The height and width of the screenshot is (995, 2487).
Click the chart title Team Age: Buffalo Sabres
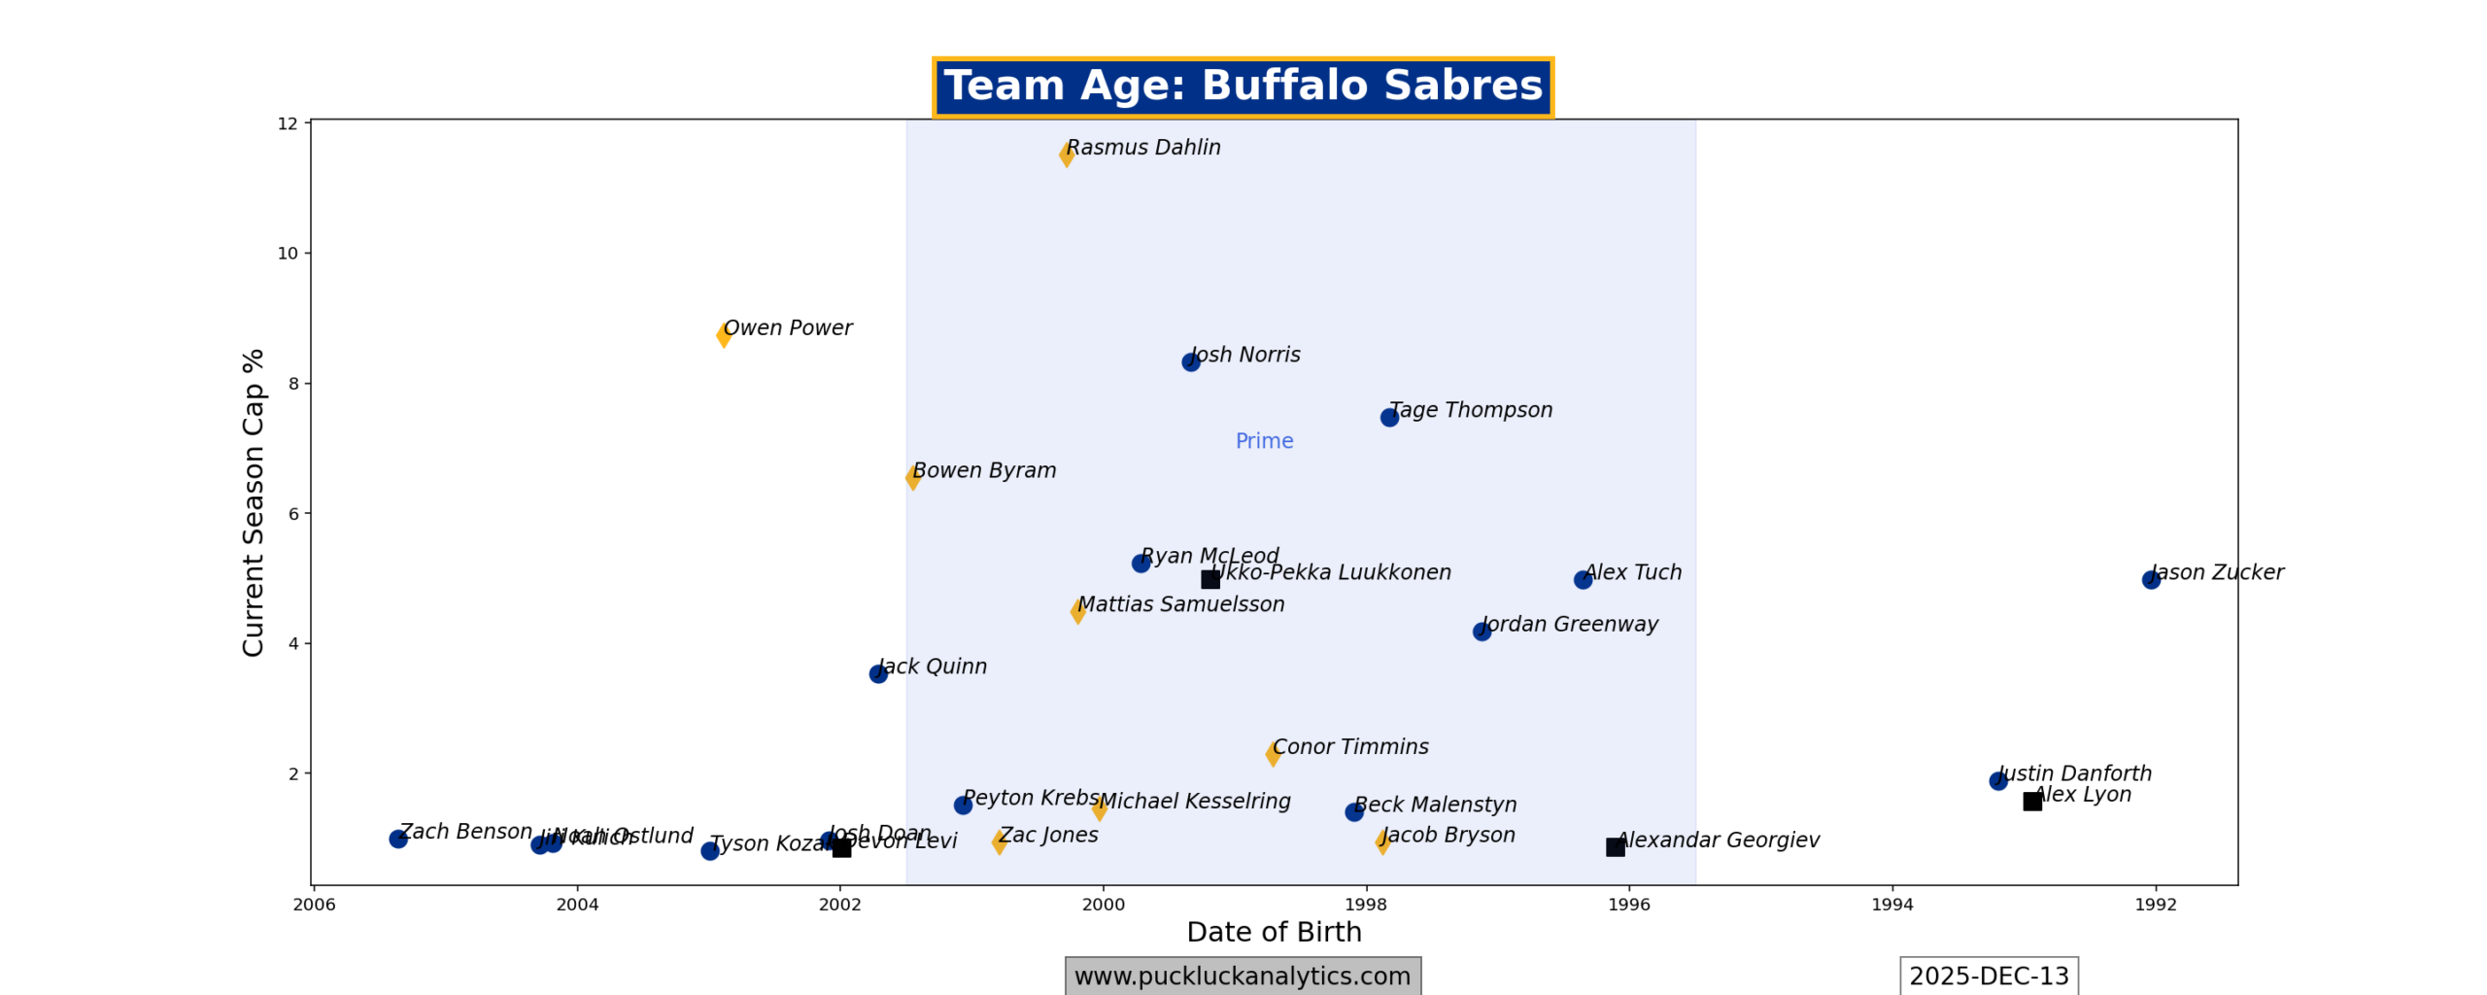click(x=1242, y=86)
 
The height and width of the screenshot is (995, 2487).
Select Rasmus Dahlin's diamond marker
click(x=1066, y=154)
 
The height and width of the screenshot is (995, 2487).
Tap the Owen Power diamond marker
click(x=724, y=335)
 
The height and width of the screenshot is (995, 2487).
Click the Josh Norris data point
click(x=1190, y=361)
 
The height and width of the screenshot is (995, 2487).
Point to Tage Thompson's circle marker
click(x=1389, y=417)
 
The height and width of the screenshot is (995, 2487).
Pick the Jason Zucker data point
click(x=2151, y=579)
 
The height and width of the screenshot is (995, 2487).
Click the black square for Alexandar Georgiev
click(x=1615, y=846)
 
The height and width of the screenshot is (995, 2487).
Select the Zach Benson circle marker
click(x=398, y=839)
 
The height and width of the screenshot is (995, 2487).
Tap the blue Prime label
click(x=1264, y=441)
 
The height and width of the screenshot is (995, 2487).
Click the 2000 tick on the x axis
click(x=1103, y=905)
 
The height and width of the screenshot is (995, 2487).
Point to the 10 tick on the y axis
click(x=288, y=254)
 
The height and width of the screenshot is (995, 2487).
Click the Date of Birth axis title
click(x=1274, y=932)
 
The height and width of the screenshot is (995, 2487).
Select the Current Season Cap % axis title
click(x=254, y=502)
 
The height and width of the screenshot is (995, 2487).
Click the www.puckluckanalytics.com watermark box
click(x=1242, y=976)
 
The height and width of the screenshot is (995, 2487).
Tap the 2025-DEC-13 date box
click(x=1988, y=976)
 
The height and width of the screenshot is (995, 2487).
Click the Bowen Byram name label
click(x=984, y=470)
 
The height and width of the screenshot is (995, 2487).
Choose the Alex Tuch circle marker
click(x=1583, y=579)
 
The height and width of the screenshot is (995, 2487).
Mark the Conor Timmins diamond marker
click(x=1273, y=754)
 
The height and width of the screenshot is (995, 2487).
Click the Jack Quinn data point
click(x=878, y=673)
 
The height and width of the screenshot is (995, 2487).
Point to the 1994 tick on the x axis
click(x=1892, y=905)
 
